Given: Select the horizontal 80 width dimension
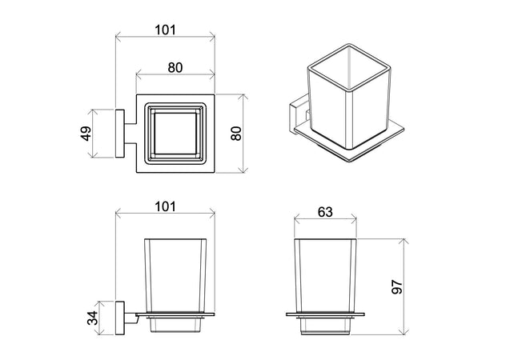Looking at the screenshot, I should pos(175,68).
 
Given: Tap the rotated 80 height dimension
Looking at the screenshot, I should pos(236,134).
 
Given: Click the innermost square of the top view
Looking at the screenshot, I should pos(175,134).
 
